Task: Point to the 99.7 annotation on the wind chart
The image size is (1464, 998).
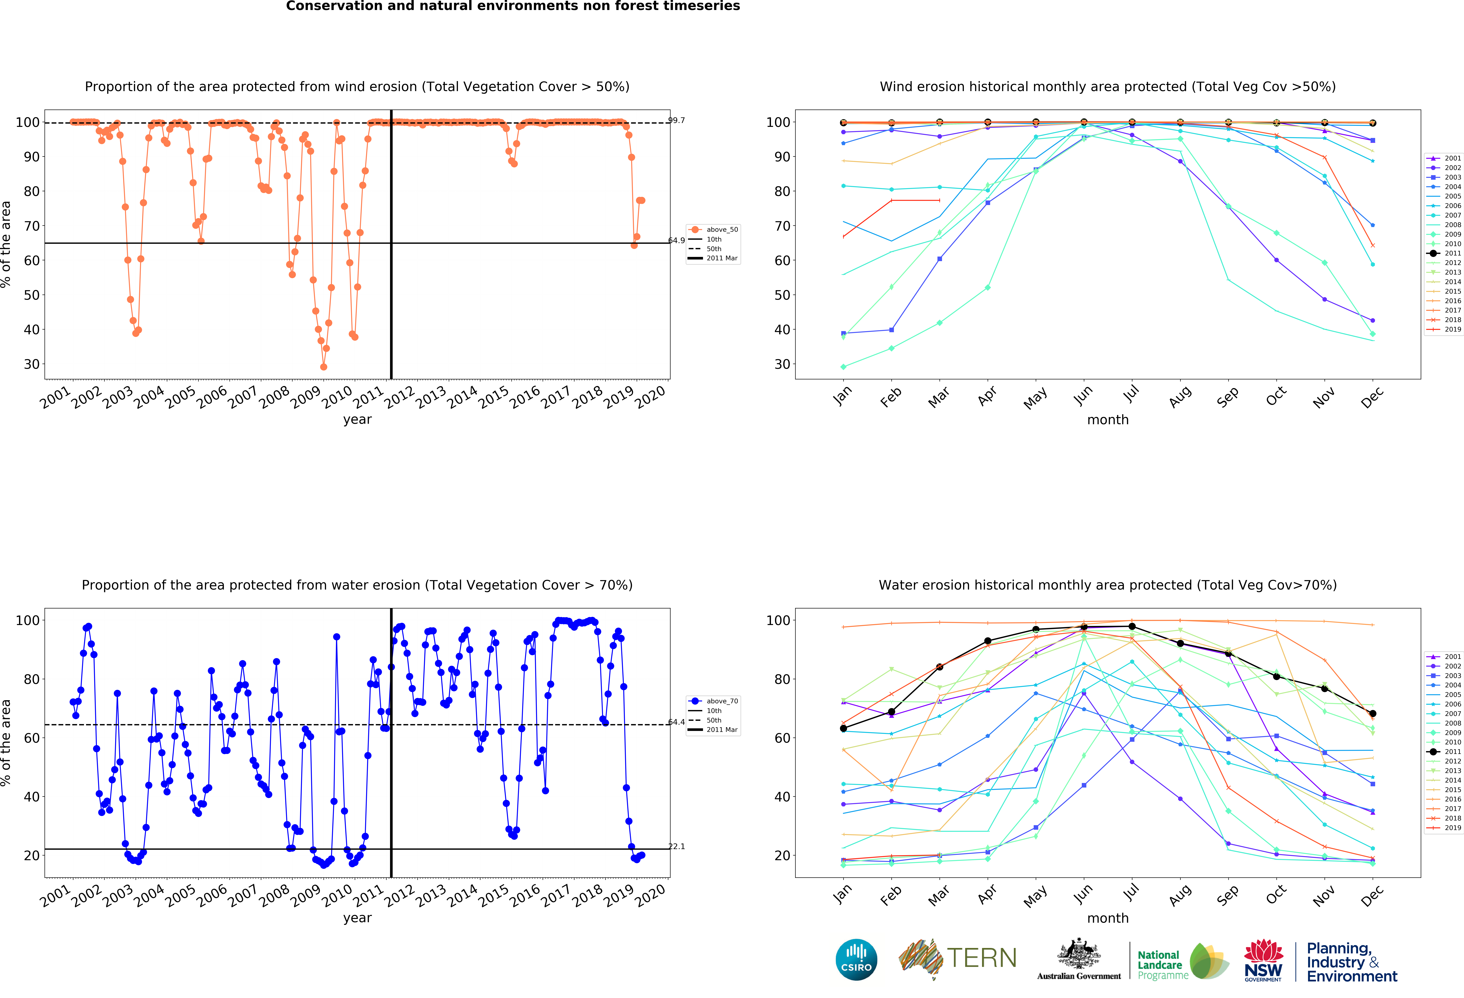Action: [677, 120]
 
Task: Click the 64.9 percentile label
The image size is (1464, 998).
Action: [677, 241]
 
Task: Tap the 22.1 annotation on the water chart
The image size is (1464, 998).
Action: [677, 846]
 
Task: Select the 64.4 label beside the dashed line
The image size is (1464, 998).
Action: [677, 722]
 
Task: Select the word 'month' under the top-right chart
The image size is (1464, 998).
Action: [1107, 420]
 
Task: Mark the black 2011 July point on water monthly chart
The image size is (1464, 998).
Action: [1132, 626]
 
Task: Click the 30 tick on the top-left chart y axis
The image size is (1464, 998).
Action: [32, 364]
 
